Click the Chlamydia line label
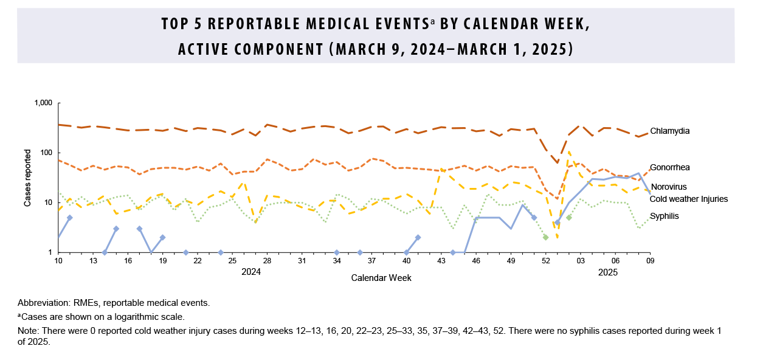669,131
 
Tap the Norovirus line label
669,187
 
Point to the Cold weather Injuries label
688,199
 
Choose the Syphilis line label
665,216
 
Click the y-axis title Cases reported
27,178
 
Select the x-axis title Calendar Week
381,278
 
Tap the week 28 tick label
267,260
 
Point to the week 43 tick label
441,260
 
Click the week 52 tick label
545,260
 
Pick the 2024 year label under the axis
251,272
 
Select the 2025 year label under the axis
607,272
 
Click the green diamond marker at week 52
545,237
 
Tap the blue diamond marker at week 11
70,218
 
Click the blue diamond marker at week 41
418,237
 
